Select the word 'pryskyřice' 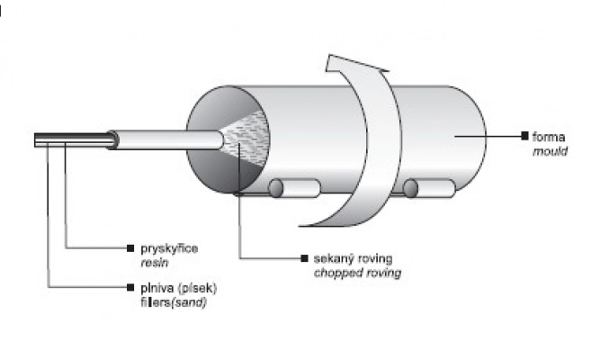(x=161, y=246)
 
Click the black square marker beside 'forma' (x=524, y=135)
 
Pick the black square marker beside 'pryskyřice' (x=131, y=246)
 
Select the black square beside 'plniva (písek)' (x=131, y=288)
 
